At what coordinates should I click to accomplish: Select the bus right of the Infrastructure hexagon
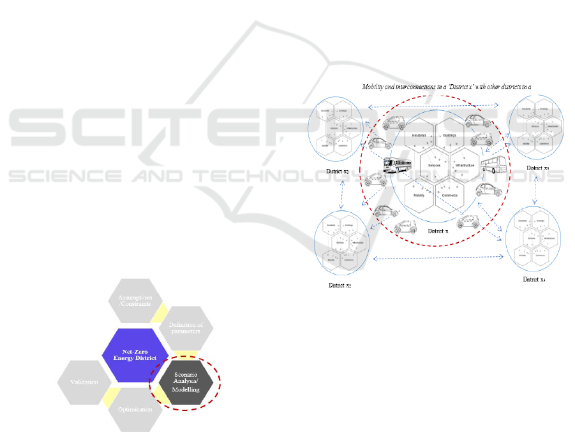point(492,166)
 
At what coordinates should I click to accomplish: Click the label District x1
point(336,173)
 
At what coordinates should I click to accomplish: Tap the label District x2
point(341,285)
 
